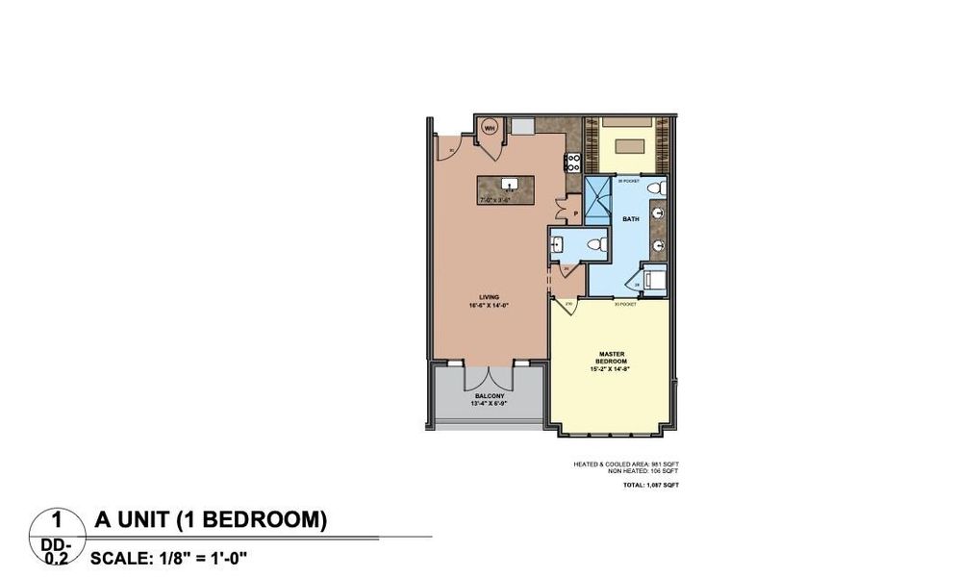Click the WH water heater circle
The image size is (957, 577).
[489, 127]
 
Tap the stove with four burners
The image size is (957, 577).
[572, 162]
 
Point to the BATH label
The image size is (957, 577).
[630, 219]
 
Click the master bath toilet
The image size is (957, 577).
[655, 187]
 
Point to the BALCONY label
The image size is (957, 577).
[491, 396]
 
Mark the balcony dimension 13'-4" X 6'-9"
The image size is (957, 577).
[491, 404]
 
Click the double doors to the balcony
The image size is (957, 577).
[491, 372]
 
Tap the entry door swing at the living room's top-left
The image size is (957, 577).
[447, 146]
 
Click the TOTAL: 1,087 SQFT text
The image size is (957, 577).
[649, 486]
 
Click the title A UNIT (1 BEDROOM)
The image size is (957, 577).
[211, 520]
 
